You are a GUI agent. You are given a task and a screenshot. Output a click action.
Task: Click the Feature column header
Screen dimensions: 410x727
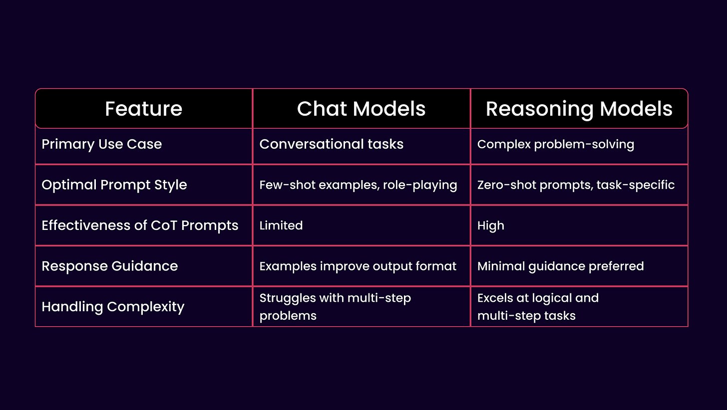[143, 109]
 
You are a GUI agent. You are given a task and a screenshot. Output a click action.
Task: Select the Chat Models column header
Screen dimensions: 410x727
[361, 109]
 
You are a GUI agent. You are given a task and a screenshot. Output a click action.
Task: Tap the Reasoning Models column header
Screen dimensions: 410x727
[579, 109]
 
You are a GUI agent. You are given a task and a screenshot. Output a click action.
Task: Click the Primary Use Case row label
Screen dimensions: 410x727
[102, 144]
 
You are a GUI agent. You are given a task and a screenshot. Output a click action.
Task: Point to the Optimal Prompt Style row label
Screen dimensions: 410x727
[114, 185]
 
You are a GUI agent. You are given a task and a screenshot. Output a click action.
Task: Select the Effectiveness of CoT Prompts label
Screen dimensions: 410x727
[140, 225]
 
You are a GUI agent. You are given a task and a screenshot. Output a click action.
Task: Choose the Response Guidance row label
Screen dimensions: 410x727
[110, 266]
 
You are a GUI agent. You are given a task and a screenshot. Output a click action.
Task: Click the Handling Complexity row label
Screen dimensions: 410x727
[113, 306]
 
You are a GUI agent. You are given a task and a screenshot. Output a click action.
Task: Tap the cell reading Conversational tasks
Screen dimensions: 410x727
[331, 144]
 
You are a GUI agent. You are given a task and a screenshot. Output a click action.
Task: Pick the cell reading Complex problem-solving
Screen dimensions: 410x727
[555, 144]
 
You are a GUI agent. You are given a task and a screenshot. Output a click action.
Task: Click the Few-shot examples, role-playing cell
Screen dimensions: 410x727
[358, 185]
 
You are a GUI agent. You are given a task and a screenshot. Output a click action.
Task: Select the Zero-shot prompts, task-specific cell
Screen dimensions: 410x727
[576, 185]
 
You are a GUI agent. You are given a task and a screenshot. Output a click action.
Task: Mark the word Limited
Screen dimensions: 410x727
[281, 225]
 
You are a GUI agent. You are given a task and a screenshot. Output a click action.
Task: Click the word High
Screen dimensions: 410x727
[490, 225]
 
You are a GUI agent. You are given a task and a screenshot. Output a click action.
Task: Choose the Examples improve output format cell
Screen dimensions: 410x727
[358, 266]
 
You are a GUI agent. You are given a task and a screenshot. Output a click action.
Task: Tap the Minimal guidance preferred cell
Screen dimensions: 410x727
[560, 266]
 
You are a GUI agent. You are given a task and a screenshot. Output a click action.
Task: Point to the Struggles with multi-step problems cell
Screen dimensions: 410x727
[335, 306]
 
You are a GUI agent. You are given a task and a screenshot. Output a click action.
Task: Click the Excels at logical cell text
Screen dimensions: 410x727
[537, 298]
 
